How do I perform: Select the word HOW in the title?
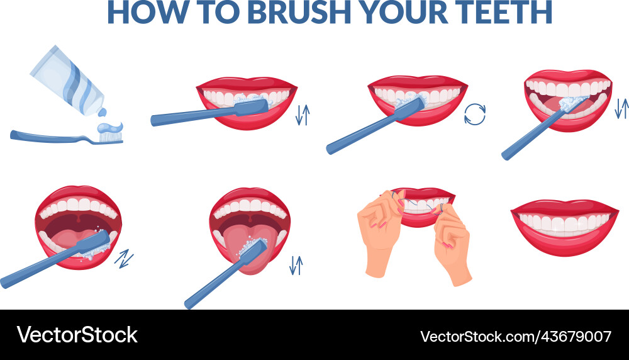(x=141, y=12)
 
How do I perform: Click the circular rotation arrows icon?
(x=475, y=114)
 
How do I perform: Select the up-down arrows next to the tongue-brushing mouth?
(x=296, y=265)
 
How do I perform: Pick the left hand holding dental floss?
(x=381, y=236)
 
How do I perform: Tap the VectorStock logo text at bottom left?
(x=77, y=335)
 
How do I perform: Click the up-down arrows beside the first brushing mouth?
(x=303, y=114)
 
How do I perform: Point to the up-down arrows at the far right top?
(x=621, y=108)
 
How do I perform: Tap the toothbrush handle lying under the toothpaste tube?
(x=50, y=135)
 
